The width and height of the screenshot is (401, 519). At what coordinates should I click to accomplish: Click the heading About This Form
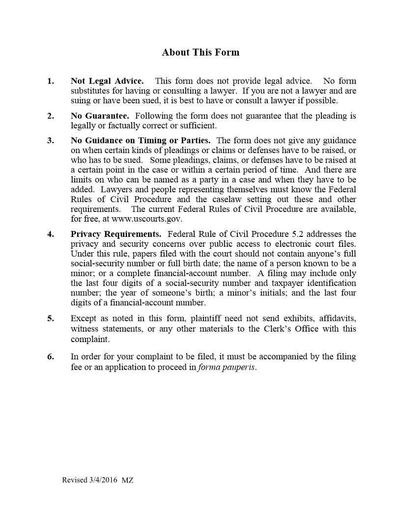click(x=200, y=53)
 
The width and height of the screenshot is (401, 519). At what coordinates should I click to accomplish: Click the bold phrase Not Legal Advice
click(x=107, y=81)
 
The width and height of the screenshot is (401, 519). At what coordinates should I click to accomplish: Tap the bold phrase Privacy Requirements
click(x=115, y=234)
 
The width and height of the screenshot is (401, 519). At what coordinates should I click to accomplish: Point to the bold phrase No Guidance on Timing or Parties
click(x=141, y=141)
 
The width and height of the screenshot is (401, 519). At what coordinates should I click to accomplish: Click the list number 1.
click(x=50, y=81)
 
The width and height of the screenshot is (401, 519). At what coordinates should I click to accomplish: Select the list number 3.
click(x=50, y=141)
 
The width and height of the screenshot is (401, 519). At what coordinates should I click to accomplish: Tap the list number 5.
click(x=50, y=318)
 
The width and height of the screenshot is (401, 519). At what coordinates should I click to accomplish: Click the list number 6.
click(x=50, y=357)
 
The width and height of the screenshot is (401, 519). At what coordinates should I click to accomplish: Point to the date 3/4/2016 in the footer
click(x=104, y=480)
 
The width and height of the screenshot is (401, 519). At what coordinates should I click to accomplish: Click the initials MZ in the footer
click(x=127, y=480)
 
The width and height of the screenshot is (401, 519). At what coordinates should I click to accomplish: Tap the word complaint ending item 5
click(x=89, y=339)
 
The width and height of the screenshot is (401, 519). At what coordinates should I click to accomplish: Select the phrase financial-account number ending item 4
click(x=157, y=303)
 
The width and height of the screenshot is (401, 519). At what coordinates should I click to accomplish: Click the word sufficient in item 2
click(x=199, y=126)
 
